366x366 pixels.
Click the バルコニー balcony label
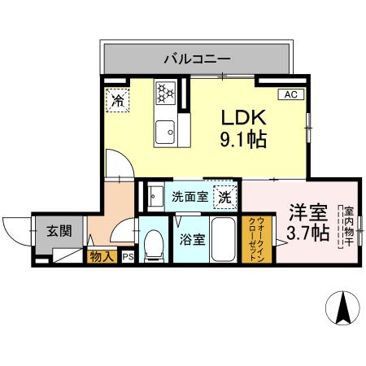[x=196, y=58]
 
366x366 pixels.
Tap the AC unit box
[x=290, y=94]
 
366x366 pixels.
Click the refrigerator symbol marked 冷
[x=118, y=101]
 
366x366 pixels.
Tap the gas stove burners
[x=166, y=92]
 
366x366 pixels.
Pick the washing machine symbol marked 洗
[x=225, y=196]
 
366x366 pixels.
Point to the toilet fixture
[x=152, y=245]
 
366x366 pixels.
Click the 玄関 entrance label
[x=58, y=231]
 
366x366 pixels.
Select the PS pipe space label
[x=127, y=257]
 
